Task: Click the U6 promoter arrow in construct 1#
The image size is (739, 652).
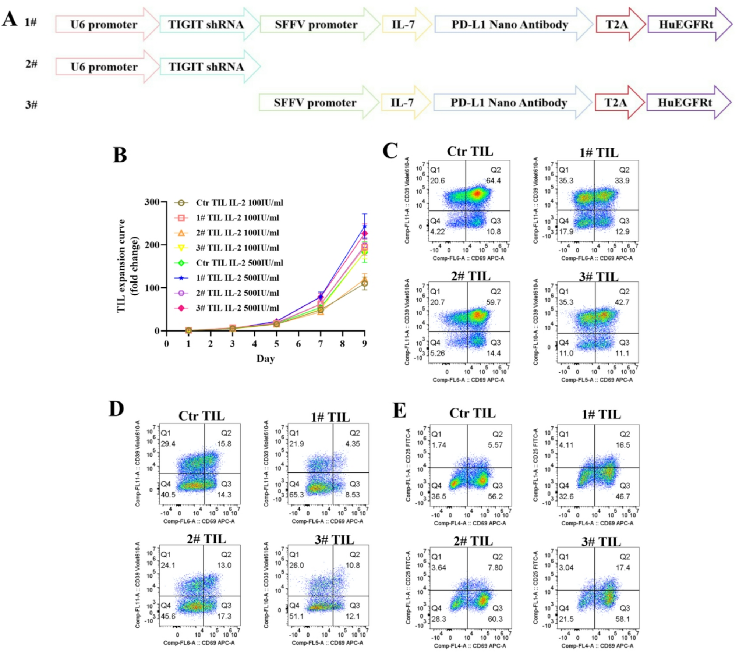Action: click(x=104, y=25)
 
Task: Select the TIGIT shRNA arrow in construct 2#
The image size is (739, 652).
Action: click(x=206, y=67)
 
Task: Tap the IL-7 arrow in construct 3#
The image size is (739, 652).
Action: click(x=402, y=103)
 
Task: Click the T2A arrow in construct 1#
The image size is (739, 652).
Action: click(x=617, y=25)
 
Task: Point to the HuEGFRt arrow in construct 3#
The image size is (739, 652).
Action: click(x=685, y=103)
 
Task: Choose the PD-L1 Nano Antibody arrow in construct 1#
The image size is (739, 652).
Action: click(x=510, y=25)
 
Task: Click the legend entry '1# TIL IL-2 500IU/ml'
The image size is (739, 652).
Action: click(x=237, y=278)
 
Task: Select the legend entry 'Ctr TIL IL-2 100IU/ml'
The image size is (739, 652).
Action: click(x=239, y=203)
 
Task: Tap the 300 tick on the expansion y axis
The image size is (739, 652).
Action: click(x=152, y=202)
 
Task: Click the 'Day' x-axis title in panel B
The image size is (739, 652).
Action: click(x=265, y=358)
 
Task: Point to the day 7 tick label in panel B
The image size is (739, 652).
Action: click(x=321, y=344)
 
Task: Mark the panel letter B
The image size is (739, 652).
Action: click(x=120, y=155)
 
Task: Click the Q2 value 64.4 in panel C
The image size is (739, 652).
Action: click(x=494, y=181)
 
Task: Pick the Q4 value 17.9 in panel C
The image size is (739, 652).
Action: click(x=566, y=232)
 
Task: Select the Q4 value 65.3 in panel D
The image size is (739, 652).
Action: click(x=297, y=495)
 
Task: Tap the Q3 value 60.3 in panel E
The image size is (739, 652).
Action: click(x=495, y=619)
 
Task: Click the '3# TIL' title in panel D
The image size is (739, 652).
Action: click(x=334, y=540)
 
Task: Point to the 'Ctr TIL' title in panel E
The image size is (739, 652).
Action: click(x=472, y=413)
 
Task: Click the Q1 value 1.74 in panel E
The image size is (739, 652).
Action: click(x=439, y=445)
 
